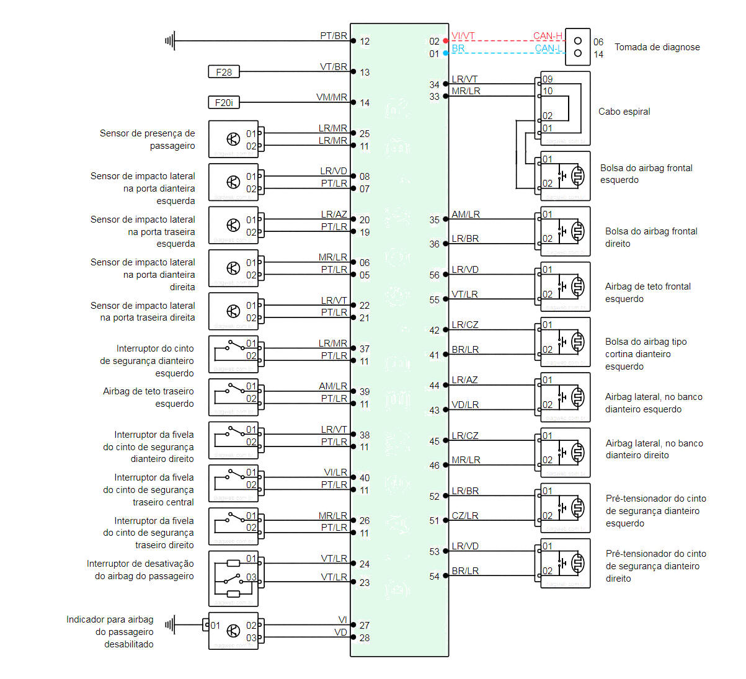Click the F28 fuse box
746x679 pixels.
tap(224, 72)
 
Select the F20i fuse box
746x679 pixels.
tap(224, 102)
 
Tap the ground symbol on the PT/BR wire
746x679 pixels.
tap(170, 41)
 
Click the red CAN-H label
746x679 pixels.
tap(548, 36)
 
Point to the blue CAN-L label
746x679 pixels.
tap(548, 48)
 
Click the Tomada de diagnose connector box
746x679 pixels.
tap(577, 47)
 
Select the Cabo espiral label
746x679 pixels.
tap(624, 112)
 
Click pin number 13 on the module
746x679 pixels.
tap(365, 73)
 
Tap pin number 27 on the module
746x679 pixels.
tap(365, 626)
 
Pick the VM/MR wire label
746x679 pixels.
tap(332, 97)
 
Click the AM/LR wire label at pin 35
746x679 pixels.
tap(466, 215)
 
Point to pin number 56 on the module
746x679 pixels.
tap(434, 275)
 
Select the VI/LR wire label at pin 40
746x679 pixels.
tap(335, 473)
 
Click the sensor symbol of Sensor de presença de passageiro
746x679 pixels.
tap(233, 139)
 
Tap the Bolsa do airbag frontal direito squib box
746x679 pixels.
tap(565, 231)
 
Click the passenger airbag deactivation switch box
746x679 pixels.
tap(233, 579)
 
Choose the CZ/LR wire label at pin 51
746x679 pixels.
tap(465, 516)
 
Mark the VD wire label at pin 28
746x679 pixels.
tap(340, 632)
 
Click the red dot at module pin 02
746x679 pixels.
tap(446, 41)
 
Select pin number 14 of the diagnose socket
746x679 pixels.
tap(598, 55)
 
